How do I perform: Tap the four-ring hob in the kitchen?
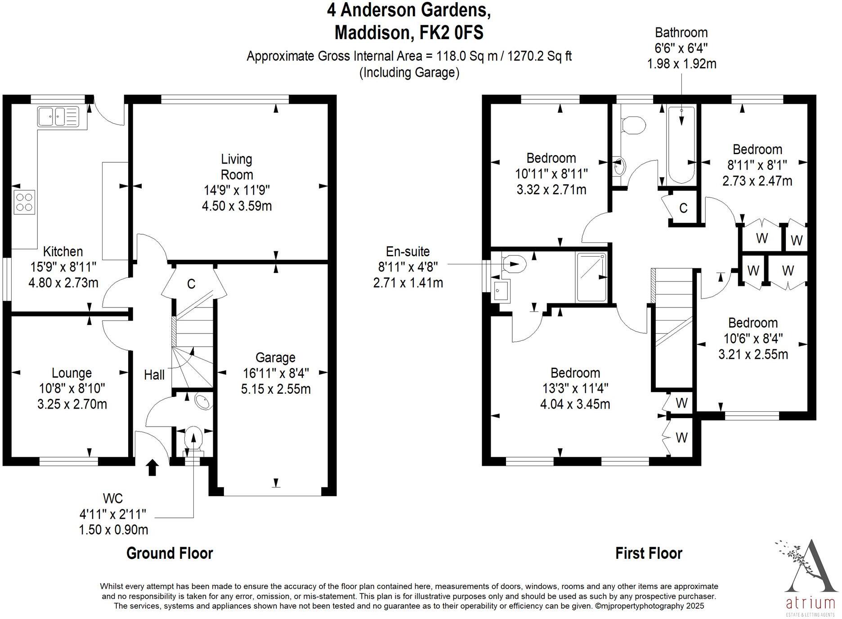pos(24,202)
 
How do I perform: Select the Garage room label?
pos(275,357)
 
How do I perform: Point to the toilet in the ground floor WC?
pos(194,438)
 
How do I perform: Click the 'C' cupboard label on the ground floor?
pos(191,284)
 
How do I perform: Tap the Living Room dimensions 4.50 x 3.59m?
pos(237,206)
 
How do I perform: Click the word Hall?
pos(154,374)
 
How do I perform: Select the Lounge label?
pos(72,373)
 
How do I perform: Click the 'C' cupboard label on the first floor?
pos(683,208)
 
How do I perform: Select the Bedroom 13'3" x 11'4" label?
pos(575,373)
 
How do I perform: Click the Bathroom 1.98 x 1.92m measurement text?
pos(681,64)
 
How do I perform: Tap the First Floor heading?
pos(649,553)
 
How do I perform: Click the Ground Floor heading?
pos(170,553)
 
